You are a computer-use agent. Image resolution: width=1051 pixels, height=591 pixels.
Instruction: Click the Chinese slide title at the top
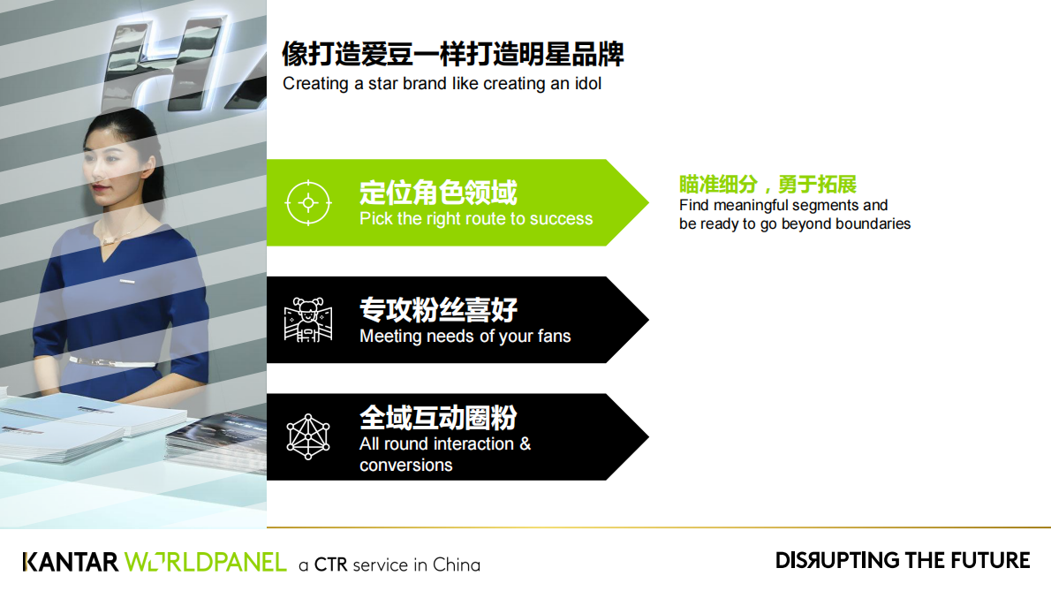point(452,54)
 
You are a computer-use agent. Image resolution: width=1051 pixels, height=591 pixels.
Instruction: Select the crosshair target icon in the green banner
point(308,202)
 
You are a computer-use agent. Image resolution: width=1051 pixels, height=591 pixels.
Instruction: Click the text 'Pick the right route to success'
point(476,219)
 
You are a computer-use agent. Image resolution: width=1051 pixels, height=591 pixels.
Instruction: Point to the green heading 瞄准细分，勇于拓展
point(767,184)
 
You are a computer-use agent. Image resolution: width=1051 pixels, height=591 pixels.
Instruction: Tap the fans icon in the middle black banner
point(308,320)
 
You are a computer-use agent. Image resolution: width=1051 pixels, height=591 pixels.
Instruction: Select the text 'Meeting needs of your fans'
point(465,337)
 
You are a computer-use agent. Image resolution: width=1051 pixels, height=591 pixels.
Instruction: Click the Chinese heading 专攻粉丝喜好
point(438,310)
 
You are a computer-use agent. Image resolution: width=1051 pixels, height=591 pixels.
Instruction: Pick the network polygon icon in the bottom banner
point(308,436)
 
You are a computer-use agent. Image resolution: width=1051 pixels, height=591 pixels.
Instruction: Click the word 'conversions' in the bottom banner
point(405,466)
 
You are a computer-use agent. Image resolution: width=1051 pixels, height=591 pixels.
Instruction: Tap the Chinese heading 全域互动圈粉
point(438,417)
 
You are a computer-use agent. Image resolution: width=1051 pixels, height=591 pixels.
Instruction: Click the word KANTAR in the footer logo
point(70,563)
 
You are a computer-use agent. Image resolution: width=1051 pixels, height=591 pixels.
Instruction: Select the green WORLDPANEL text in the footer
point(205,563)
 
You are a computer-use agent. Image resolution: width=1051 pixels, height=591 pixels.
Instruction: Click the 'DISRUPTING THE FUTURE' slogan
point(903,560)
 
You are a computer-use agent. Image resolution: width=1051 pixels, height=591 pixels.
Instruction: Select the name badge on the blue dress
point(128,282)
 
